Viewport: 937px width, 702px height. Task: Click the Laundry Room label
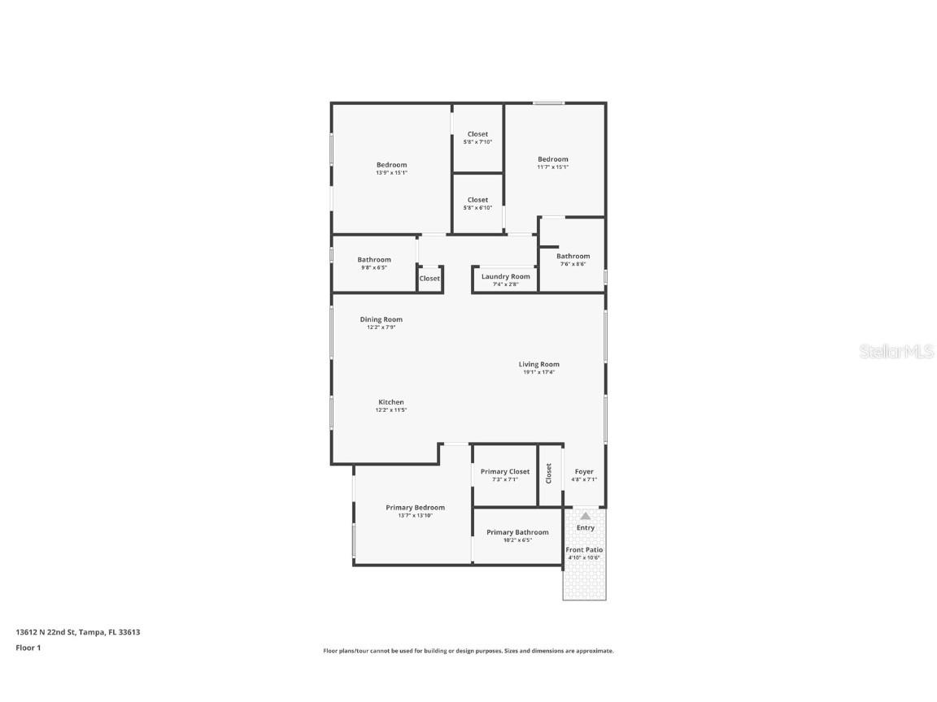(x=505, y=276)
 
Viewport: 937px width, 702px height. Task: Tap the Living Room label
(x=538, y=364)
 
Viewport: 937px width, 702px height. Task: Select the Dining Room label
(x=381, y=319)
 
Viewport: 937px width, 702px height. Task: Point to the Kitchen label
(x=390, y=402)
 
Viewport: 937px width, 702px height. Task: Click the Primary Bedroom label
(x=415, y=507)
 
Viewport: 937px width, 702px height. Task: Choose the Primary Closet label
(x=504, y=471)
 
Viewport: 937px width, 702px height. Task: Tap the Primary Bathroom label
(x=517, y=532)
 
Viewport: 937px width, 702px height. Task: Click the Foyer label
(x=584, y=471)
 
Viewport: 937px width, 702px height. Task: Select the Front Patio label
(x=584, y=550)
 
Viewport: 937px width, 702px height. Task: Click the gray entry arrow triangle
(x=585, y=515)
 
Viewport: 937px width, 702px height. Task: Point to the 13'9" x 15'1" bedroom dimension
(x=391, y=173)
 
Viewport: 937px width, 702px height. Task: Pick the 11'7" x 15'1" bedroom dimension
(x=552, y=167)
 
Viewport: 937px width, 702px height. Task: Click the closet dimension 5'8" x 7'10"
(x=477, y=142)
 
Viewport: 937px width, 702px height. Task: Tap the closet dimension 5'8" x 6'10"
(x=477, y=208)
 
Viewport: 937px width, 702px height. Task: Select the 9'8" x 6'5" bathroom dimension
(x=374, y=267)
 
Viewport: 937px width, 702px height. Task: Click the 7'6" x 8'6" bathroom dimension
(x=573, y=264)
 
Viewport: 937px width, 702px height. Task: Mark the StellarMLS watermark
(x=896, y=351)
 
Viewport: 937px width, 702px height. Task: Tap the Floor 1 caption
(x=28, y=648)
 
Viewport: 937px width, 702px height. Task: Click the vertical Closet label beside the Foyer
(x=549, y=473)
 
